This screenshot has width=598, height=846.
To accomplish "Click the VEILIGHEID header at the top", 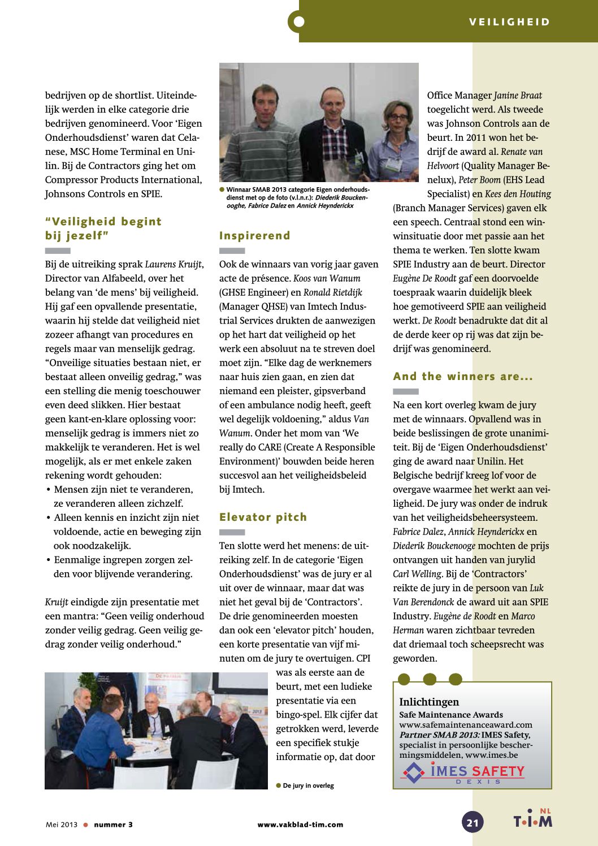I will click(x=509, y=22).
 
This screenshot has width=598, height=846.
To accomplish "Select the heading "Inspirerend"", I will click(x=254, y=236).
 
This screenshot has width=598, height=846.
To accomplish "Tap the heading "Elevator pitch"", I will click(x=263, y=517).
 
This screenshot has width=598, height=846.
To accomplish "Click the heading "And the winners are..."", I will click(x=463, y=377).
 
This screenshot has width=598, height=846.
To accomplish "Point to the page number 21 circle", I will click(x=473, y=822).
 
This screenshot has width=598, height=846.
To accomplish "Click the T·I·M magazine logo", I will click(x=532, y=819).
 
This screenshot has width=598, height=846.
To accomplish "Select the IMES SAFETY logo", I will click(x=462, y=772).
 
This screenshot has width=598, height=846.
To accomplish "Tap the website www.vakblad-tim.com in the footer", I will click(x=300, y=825).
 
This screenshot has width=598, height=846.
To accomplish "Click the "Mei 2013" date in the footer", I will click(x=61, y=825).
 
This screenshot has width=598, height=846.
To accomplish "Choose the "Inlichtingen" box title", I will click(x=429, y=702).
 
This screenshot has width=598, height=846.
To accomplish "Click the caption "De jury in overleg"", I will click(x=308, y=785).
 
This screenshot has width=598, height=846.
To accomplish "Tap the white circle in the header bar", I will click(x=299, y=22).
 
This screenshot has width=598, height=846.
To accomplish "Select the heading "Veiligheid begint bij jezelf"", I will click(x=103, y=228).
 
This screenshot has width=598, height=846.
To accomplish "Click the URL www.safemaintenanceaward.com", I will click(x=466, y=725).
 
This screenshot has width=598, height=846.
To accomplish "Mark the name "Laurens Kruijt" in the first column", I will click(x=174, y=264).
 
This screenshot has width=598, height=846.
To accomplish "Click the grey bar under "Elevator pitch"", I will click(x=232, y=532).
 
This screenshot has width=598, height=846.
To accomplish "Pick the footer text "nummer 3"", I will click(x=113, y=825).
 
